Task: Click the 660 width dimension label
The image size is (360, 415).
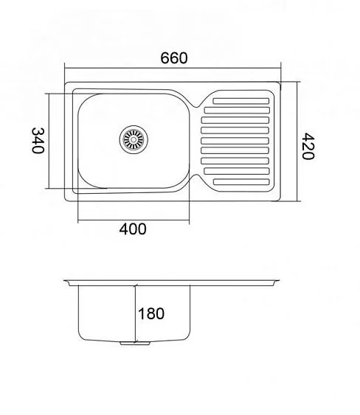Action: point(174,58)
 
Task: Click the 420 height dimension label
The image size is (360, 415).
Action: point(308,147)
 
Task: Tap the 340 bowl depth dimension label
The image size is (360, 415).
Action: point(38,141)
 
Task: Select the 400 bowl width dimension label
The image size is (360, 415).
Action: point(133,229)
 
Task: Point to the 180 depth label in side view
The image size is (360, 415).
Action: point(151,313)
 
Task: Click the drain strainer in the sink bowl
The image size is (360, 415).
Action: point(134,139)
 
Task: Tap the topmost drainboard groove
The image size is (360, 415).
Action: point(241,101)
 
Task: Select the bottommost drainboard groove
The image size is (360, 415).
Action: point(241,182)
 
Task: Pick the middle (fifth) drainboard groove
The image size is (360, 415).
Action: point(235,141)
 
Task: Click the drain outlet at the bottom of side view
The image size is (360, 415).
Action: point(135,343)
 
